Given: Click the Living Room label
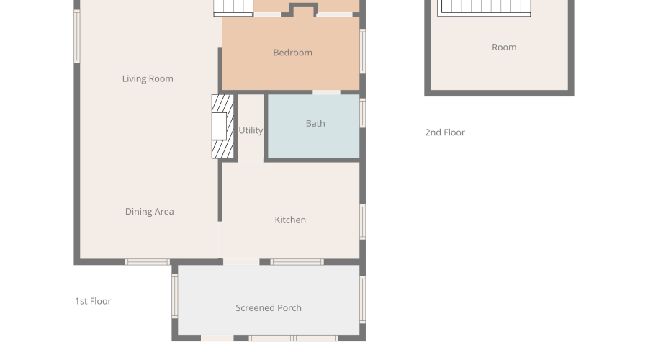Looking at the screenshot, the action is click(x=148, y=78).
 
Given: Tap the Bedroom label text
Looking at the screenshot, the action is click(x=292, y=53).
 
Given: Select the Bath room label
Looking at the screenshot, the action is click(x=315, y=123).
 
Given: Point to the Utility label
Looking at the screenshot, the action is click(x=251, y=130).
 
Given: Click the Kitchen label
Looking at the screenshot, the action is click(x=290, y=220).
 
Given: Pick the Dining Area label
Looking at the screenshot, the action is click(x=149, y=211).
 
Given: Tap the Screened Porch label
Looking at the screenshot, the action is click(x=269, y=307).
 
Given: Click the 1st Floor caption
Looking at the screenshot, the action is click(x=93, y=301).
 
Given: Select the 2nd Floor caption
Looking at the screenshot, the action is click(x=445, y=132).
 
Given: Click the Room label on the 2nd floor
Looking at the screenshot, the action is click(x=504, y=47).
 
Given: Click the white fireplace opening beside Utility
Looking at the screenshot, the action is click(x=219, y=126).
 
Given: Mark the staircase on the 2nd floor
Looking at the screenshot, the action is click(x=484, y=7).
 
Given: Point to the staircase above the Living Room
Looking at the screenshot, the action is click(x=233, y=8).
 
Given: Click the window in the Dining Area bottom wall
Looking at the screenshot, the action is click(x=148, y=262).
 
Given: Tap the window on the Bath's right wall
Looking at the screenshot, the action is click(x=362, y=113).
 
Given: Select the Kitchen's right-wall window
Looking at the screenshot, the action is click(x=362, y=222).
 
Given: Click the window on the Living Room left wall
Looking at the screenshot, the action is click(x=77, y=37).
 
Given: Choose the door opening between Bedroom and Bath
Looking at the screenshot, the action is click(x=326, y=92).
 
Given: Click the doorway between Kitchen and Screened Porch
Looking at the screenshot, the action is click(x=241, y=262).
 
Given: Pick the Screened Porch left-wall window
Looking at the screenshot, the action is click(x=175, y=296).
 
